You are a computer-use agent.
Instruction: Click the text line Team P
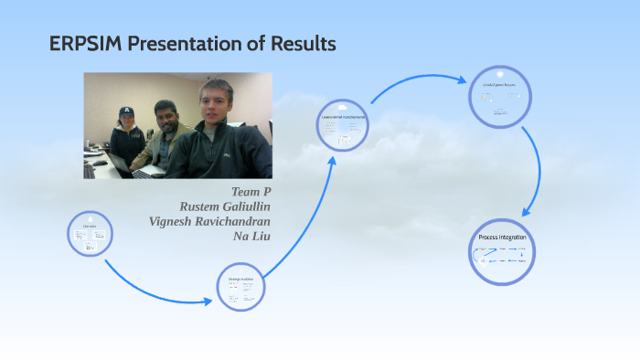[x=251, y=191]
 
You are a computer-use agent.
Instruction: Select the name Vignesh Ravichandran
[x=209, y=221]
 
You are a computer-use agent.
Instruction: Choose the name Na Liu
[x=252, y=236]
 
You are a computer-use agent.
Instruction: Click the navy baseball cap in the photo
[x=126, y=111]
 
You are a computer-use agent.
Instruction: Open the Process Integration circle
[x=502, y=251]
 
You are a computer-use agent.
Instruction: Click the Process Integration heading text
[x=502, y=237]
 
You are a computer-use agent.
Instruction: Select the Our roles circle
[x=91, y=235]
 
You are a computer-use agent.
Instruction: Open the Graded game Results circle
[x=500, y=96]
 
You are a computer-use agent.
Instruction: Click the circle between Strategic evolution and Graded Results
[x=344, y=127]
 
